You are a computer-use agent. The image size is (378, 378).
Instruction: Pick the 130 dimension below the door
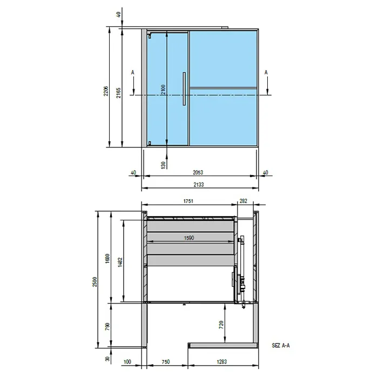pyautogui.click(x=164, y=164)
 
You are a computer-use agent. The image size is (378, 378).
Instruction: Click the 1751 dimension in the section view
pyautogui.click(x=188, y=201)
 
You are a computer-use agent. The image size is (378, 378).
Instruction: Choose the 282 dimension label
pyautogui.click(x=244, y=201)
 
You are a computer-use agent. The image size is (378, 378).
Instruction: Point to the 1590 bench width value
pyautogui.click(x=188, y=238)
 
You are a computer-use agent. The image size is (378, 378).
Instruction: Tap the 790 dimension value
pyautogui.click(x=107, y=326)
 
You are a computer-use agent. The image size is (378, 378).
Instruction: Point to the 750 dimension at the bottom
pyautogui.click(x=166, y=361)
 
